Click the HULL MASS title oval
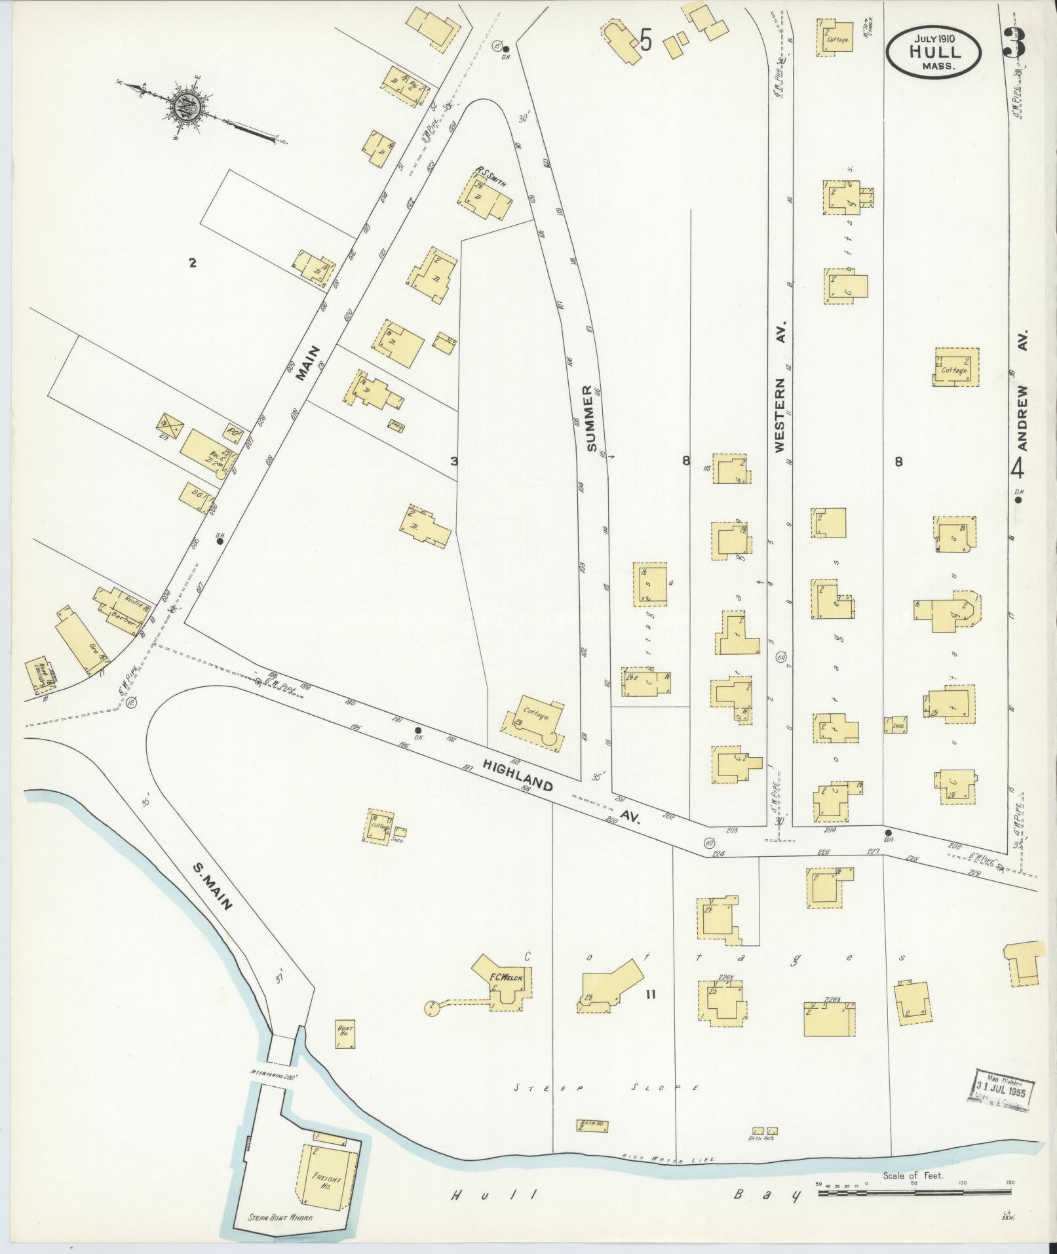(x=933, y=50)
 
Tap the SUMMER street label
(x=589, y=418)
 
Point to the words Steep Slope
(x=607, y=1088)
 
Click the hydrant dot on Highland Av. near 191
(x=417, y=730)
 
